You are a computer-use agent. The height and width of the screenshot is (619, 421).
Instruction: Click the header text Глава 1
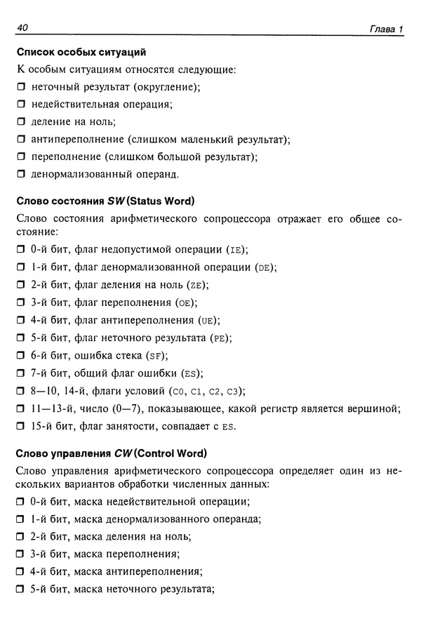coord(386,29)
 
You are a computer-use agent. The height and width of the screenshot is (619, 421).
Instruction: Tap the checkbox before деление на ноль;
coord(20,122)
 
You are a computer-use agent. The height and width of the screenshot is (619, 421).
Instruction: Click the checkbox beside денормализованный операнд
coord(20,173)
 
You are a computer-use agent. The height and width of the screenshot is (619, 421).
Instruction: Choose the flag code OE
coord(185,302)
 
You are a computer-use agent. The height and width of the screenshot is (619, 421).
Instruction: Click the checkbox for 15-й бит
coord(20,426)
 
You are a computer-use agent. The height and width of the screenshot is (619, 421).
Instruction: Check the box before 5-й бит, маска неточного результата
coord(20,589)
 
